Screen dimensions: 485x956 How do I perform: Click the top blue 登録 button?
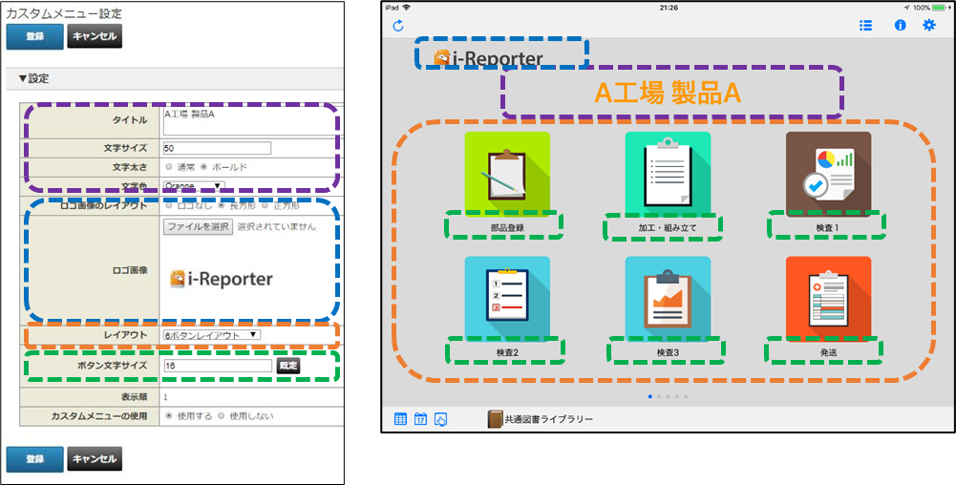pyautogui.click(x=34, y=36)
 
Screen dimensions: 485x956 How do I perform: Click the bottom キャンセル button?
pyautogui.click(x=95, y=459)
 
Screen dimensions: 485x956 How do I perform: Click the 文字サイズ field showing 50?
pyautogui.click(x=217, y=148)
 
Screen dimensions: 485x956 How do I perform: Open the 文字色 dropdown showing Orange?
pyautogui.click(x=193, y=185)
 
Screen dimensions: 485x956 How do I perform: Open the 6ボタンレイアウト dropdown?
pyautogui.click(x=211, y=335)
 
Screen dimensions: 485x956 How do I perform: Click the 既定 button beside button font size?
pyautogui.click(x=287, y=365)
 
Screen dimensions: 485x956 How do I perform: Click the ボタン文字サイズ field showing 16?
pyautogui.click(x=217, y=365)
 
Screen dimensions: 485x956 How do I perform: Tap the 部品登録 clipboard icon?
pyautogui.click(x=507, y=174)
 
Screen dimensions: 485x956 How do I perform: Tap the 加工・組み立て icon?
pyautogui.click(x=668, y=174)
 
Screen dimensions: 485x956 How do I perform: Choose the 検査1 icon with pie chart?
pyautogui.click(x=828, y=174)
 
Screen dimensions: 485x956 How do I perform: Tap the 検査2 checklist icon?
pyautogui.click(x=507, y=298)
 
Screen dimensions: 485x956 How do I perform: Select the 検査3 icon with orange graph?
pyautogui.click(x=668, y=298)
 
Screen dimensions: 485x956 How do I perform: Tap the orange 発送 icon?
pyautogui.click(x=828, y=298)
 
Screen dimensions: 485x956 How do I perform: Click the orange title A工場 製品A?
pyautogui.click(x=668, y=93)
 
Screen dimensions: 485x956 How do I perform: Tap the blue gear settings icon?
pyautogui.click(x=928, y=25)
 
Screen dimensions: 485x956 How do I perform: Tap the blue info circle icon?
pyautogui.click(x=900, y=25)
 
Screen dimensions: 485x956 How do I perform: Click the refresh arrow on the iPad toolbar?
pyautogui.click(x=398, y=25)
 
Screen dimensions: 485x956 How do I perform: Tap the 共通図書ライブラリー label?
pyautogui.click(x=548, y=419)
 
